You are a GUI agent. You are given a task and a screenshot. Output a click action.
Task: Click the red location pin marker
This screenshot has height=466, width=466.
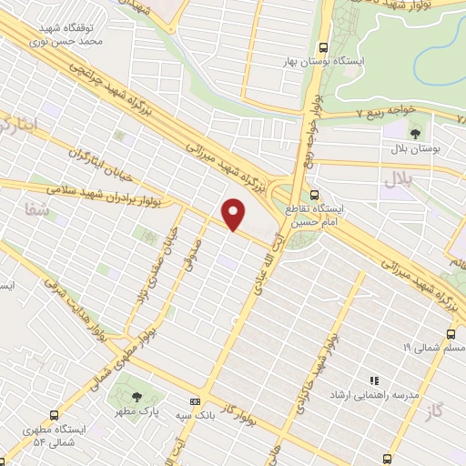[x=234, y=213]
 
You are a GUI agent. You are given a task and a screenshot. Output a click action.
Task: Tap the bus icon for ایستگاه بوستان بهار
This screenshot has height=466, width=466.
[x=323, y=48]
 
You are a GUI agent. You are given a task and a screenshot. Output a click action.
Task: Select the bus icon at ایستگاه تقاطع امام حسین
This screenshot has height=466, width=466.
[x=315, y=194]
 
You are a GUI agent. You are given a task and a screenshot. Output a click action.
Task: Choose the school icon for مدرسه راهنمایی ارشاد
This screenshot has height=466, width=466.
[x=372, y=380]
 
